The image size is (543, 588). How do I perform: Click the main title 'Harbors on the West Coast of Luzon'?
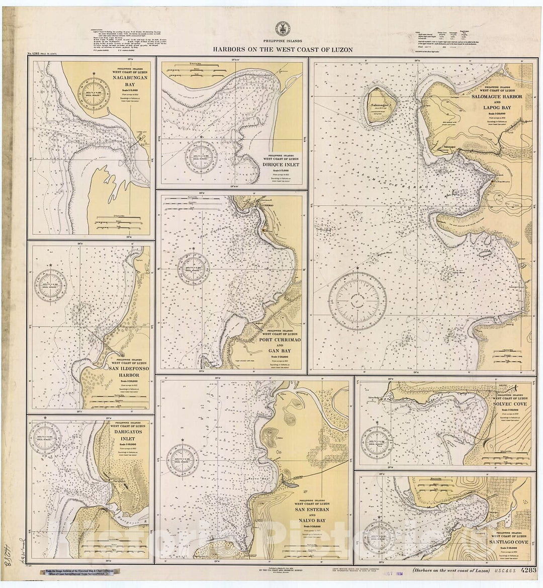282,50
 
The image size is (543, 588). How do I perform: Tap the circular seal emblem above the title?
282,29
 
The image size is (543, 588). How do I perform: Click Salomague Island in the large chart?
381,105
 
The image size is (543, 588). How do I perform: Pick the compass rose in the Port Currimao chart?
193,269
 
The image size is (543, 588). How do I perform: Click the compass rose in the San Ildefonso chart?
50,286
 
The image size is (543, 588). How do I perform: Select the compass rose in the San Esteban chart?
183,460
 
